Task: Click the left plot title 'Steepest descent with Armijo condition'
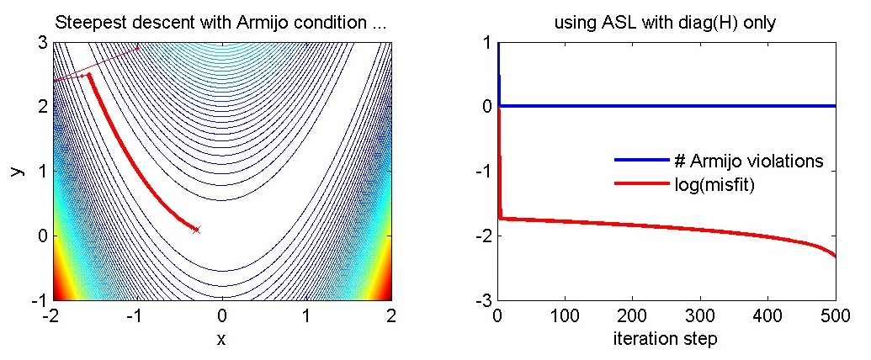tap(220, 24)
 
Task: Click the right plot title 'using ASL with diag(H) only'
tap(665, 24)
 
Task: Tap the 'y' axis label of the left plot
tap(14, 171)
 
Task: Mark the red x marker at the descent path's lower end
tap(196, 229)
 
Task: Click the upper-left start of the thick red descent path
tap(89, 75)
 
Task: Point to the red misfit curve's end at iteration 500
tap(835, 257)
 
